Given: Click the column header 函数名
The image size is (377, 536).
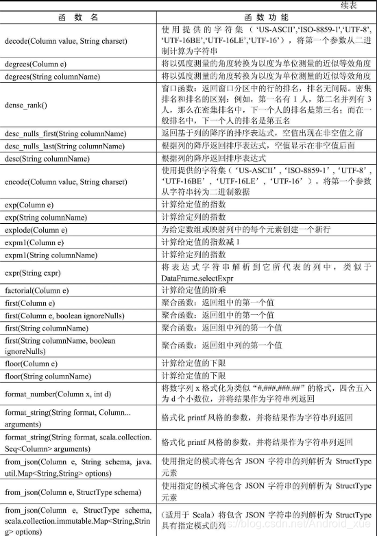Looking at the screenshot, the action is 80,16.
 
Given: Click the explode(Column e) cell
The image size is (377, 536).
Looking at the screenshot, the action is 34,230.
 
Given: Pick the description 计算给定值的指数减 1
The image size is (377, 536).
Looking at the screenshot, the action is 201,242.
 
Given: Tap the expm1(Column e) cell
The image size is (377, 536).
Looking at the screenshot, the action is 34,242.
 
